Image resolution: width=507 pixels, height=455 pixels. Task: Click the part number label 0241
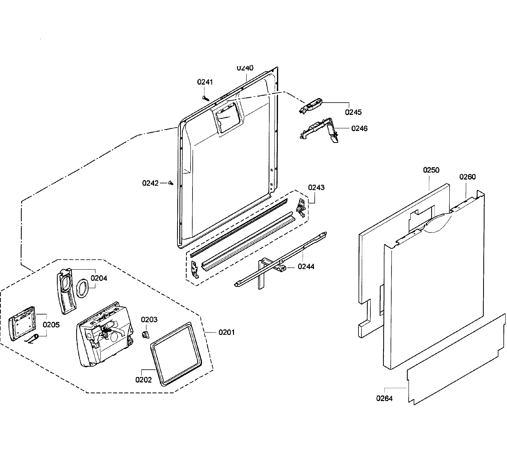click(205, 82)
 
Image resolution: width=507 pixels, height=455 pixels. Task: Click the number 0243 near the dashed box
click(316, 187)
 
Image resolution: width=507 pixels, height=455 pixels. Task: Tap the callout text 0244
click(306, 267)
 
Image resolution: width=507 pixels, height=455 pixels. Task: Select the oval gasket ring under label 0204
click(82, 288)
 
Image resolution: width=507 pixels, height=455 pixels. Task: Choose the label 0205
click(51, 325)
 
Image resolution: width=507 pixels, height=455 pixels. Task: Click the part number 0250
click(431, 170)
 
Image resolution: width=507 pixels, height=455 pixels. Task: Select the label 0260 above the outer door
click(467, 177)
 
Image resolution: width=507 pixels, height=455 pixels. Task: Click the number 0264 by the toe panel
click(384, 398)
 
